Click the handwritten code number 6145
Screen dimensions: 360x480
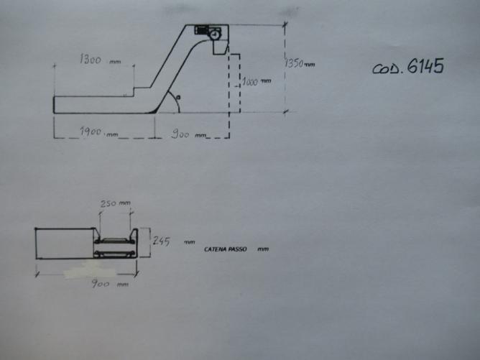425,67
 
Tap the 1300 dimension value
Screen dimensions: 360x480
90,60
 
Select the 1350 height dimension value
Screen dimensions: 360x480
293,63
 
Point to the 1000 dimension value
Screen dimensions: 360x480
250,81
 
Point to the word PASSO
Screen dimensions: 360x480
237,249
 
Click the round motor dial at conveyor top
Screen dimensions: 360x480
214,34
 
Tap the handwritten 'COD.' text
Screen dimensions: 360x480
387,70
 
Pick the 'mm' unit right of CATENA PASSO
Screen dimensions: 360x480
264,249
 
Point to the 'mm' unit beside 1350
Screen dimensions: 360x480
310,65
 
